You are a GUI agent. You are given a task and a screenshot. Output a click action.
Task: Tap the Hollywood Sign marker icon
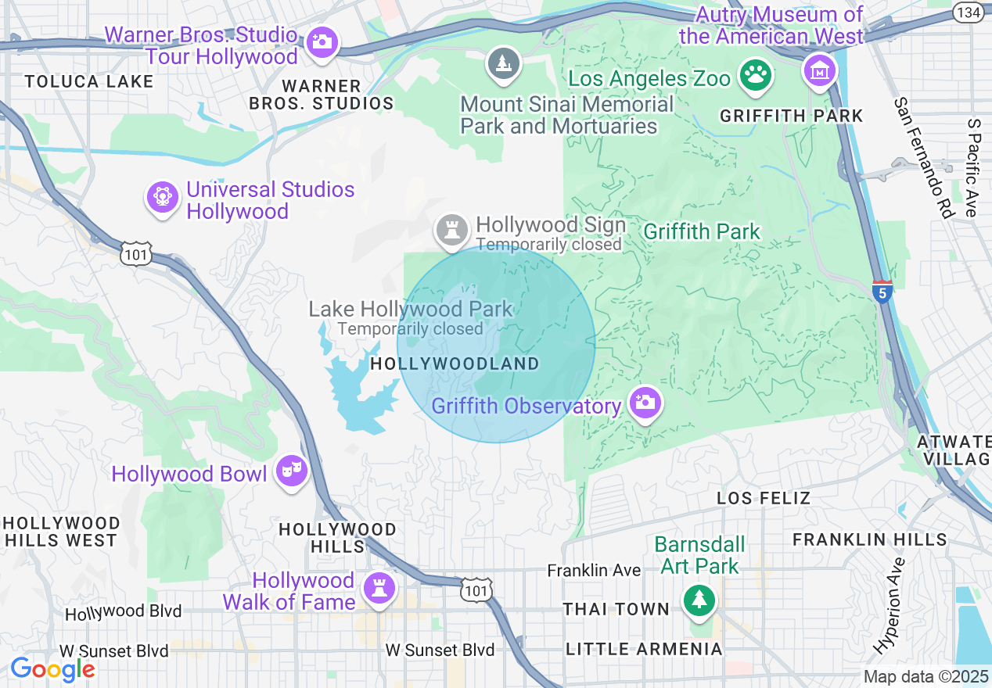pos(451,230)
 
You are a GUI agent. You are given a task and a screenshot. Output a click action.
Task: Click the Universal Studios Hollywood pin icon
pos(163,197)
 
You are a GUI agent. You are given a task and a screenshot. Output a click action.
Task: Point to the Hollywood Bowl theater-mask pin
pos(292,471)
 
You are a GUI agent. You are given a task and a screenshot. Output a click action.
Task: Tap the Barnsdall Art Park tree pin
pos(698,600)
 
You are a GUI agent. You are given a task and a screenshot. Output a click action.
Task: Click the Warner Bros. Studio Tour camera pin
pos(322,41)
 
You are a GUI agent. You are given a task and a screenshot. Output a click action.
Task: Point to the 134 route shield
pos(969,12)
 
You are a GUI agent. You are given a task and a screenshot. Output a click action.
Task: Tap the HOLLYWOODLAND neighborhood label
pos(455,364)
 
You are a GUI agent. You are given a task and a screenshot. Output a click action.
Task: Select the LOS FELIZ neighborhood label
pos(764,498)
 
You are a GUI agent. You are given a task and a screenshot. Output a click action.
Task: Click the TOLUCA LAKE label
pos(88,82)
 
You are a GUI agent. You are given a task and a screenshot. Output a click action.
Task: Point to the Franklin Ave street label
pos(594,571)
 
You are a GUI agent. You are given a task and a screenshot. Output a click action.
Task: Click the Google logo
pos(52,670)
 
